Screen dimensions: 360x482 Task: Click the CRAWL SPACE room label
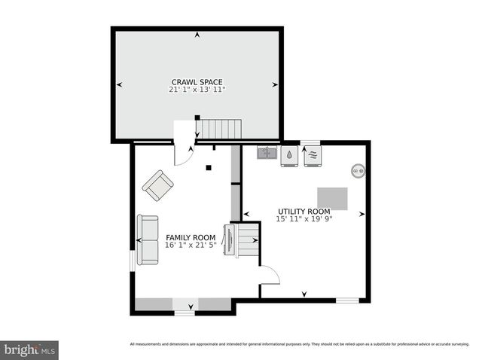(x=197, y=81)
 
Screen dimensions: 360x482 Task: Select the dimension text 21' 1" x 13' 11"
(x=197, y=90)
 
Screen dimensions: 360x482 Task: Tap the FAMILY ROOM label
(x=191, y=237)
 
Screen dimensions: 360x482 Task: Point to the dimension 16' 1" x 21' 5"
(x=191, y=246)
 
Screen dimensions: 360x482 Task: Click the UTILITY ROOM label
(x=304, y=212)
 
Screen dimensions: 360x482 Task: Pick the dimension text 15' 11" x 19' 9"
(x=304, y=219)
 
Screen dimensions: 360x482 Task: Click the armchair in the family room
(x=158, y=185)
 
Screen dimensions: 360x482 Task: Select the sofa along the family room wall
(x=148, y=240)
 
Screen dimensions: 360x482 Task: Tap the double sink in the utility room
(x=267, y=153)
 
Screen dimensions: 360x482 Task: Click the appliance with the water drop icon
(x=290, y=156)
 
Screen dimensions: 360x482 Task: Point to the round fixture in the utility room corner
(x=358, y=171)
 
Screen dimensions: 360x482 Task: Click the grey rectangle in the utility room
(x=333, y=198)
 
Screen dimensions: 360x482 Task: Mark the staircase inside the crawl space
(x=221, y=129)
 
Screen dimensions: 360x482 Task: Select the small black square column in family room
(x=209, y=166)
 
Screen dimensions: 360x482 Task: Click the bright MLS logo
(x=29, y=349)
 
